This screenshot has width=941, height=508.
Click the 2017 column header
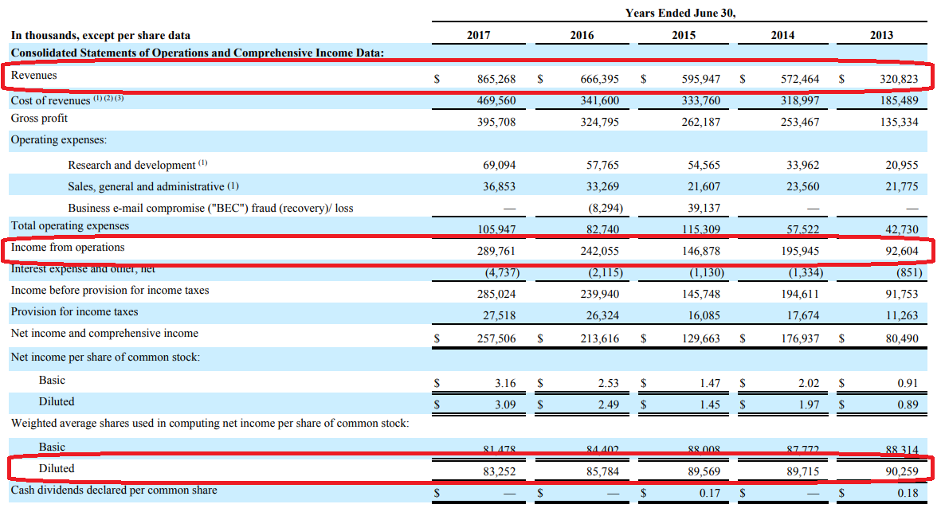[x=478, y=35]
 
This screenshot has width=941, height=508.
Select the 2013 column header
[x=882, y=35]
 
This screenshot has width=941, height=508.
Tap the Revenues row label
[x=34, y=75]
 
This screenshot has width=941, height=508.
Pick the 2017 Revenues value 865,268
[x=496, y=80]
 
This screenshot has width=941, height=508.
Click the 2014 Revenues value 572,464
[x=799, y=80]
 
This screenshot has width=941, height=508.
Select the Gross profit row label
[x=39, y=119]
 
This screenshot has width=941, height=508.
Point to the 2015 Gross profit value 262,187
[x=700, y=123]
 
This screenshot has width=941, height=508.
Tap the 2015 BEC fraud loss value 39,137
[x=704, y=208]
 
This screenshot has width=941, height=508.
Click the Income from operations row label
[x=68, y=248]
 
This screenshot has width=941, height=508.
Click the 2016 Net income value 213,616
[x=599, y=338]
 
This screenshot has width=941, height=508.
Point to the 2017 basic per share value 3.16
[x=505, y=383]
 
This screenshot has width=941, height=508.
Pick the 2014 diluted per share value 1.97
[x=809, y=404]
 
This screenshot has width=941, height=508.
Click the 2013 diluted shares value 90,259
[x=901, y=471]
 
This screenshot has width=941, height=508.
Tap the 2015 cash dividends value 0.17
[x=709, y=493]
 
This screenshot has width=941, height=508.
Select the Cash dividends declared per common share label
[x=114, y=490]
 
